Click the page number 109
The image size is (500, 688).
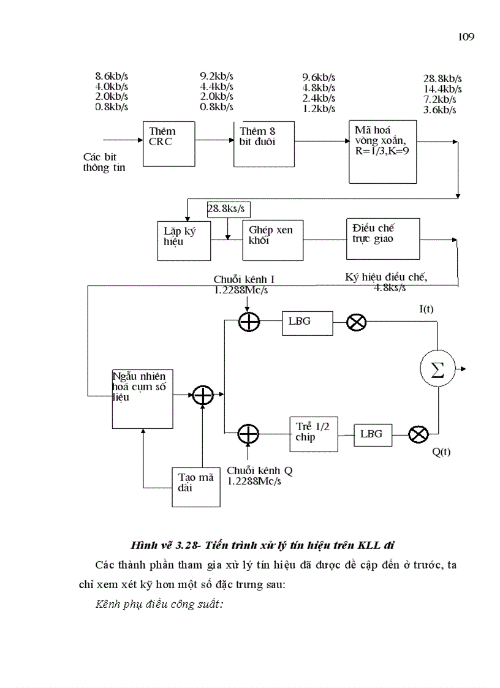click(x=466, y=37)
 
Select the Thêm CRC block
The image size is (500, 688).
click(x=169, y=143)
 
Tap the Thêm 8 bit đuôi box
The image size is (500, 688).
click(x=263, y=143)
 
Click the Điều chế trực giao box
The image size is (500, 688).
click(x=383, y=238)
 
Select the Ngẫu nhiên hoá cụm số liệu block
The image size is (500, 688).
click(x=143, y=398)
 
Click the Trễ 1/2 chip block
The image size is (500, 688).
click(x=314, y=433)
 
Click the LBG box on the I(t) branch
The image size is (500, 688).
click(x=307, y=323)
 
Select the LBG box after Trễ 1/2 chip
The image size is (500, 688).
click(x=371, y=434)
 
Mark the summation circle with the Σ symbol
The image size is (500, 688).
click(x=438, y=369)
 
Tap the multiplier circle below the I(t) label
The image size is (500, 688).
click(x=357, y=323)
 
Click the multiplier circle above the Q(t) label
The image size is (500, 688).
click(x=418, y=434)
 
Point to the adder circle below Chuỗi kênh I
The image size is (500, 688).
click(x=249, y=323)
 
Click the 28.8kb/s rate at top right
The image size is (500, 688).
click(x=442, y=79)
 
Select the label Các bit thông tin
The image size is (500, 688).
click(x=104, y=162)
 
